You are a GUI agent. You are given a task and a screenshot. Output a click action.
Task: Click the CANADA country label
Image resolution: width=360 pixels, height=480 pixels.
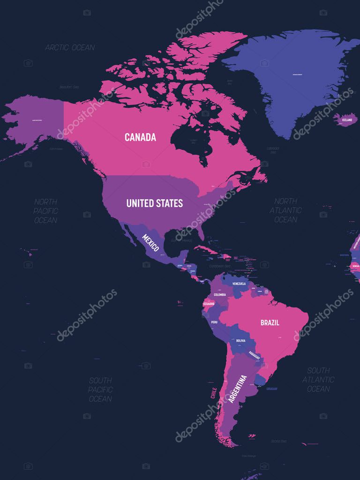[x=140, y=137]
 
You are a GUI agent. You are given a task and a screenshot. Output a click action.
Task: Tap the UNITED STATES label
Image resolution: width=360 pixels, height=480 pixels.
[x=154, y=203]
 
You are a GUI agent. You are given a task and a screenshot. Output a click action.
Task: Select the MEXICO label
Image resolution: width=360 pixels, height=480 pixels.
[x=150, y=242]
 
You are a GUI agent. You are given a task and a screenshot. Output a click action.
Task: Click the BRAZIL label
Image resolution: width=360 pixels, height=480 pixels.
[x=270, y=322]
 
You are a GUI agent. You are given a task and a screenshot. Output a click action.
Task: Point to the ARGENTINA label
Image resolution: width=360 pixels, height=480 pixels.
[x=237, y=390]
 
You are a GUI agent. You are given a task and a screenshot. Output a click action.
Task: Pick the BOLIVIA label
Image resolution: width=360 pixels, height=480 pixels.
[x=240, y=340]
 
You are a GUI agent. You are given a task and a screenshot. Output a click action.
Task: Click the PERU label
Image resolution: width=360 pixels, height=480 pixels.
[x=214, y=322]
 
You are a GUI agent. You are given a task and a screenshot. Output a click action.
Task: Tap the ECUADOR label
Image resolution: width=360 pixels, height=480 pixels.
[x=208, y=304]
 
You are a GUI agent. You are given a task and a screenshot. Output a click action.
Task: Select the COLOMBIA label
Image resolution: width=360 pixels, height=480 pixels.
[x=220, y=294]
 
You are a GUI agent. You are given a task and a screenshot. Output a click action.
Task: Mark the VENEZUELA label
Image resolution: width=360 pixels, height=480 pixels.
[x=239, y=284]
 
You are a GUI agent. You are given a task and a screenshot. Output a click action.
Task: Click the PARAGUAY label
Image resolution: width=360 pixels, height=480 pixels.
[x=255, y=355]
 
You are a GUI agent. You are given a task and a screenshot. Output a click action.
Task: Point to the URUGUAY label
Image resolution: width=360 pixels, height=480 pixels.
[x=271, y=389]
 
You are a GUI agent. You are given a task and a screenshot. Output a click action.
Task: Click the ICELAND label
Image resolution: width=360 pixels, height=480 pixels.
[x=346, y=120]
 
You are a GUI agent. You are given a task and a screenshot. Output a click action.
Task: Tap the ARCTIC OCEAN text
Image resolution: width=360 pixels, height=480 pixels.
[x=70, y=47]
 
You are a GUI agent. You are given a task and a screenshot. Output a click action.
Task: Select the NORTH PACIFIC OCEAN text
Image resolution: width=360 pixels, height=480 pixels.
[x=45, y=211]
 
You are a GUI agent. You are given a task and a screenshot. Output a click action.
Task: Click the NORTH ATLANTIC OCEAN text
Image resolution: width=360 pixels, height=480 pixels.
[x=285, y=210]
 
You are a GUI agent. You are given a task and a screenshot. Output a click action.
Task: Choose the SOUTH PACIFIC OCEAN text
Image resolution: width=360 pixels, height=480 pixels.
[x=100, y=390]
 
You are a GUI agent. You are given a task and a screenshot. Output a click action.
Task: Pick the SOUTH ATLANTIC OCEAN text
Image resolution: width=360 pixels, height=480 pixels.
[x=318, y=379]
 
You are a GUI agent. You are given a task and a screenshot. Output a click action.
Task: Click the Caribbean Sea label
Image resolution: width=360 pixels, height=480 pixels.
[x=220, y=266]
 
